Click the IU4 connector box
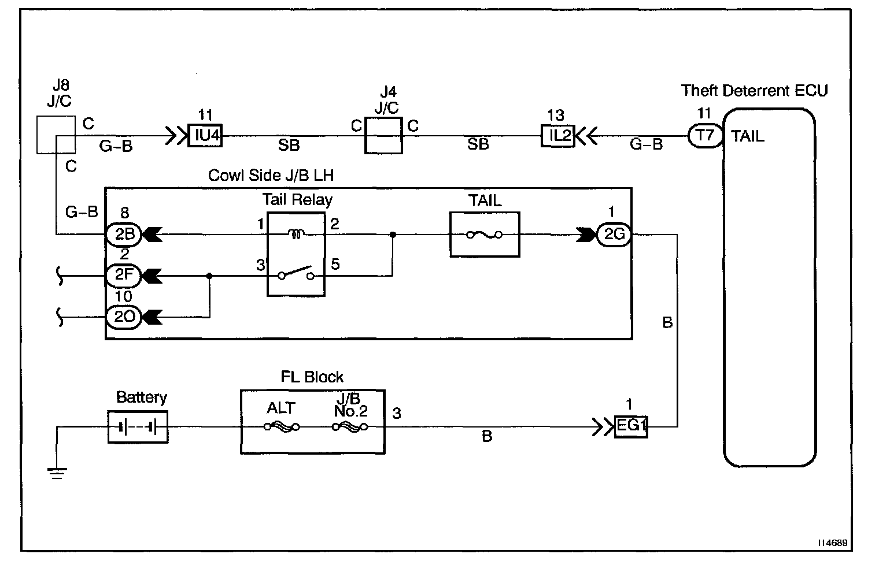(x=205, y=137)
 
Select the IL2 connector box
(x=557, y=136)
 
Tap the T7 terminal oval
(x=705, y=136)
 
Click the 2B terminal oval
(x=123, y=235)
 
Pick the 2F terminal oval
(x=123, y=276)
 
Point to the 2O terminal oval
(x=123, y=317)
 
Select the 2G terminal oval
(x=614, y=235)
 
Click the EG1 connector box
(x=630, y=427)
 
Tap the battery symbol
(x=138, y=428)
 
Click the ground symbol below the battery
(x=57, y=473)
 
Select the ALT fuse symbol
(x=282, y=427)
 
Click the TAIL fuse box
(x=485, y=235)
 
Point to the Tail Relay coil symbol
(x=296, y=234)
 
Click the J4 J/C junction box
(x=383, y=136)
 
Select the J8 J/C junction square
(x=56, y=135)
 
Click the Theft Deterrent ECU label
(x=754, y=91)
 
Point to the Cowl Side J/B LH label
(x=271, y=176)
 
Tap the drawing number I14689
(x=832, y=544)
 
